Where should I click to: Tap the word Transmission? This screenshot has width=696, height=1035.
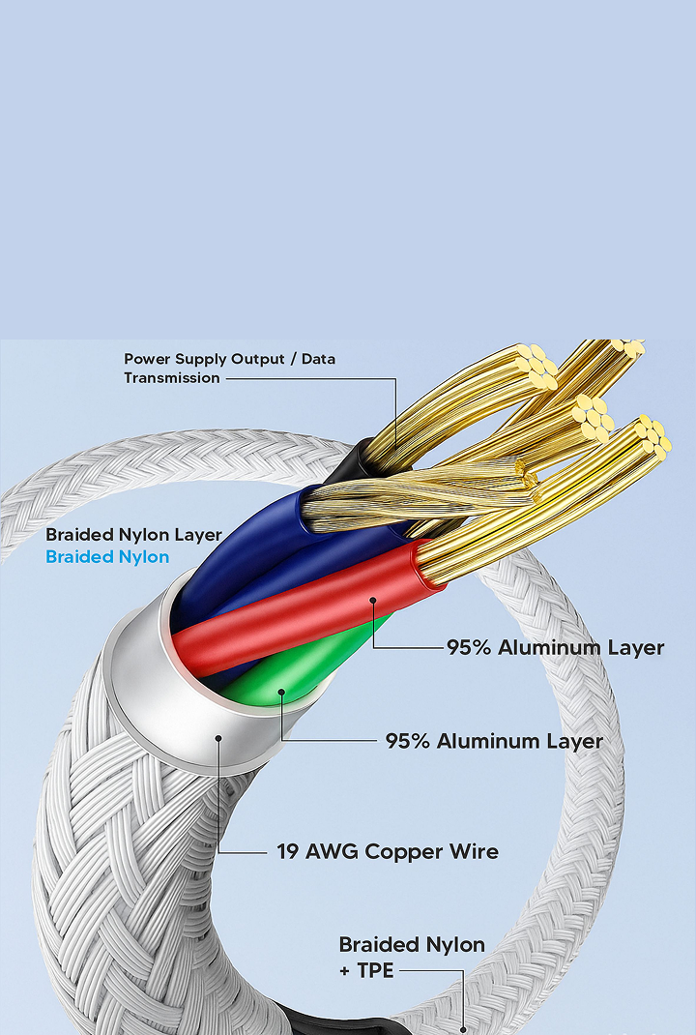coord(172,378)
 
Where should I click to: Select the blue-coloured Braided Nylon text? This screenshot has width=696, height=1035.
coord(107,557)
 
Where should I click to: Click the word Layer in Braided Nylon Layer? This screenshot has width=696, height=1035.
coord(198,535)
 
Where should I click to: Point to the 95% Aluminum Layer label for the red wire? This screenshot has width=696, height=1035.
coord(555,648)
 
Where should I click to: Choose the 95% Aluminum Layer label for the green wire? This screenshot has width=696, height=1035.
coord(494,742)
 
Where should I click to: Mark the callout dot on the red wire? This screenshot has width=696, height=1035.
coord(372,601)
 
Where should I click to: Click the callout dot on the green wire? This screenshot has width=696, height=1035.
coord(280,693)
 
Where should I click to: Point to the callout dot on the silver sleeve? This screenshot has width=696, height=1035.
coord(219,738)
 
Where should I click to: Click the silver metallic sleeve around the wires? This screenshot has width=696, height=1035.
coord(164,696)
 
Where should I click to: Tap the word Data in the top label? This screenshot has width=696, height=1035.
coord(318,359)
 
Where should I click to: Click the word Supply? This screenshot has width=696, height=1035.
coord(201,360)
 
